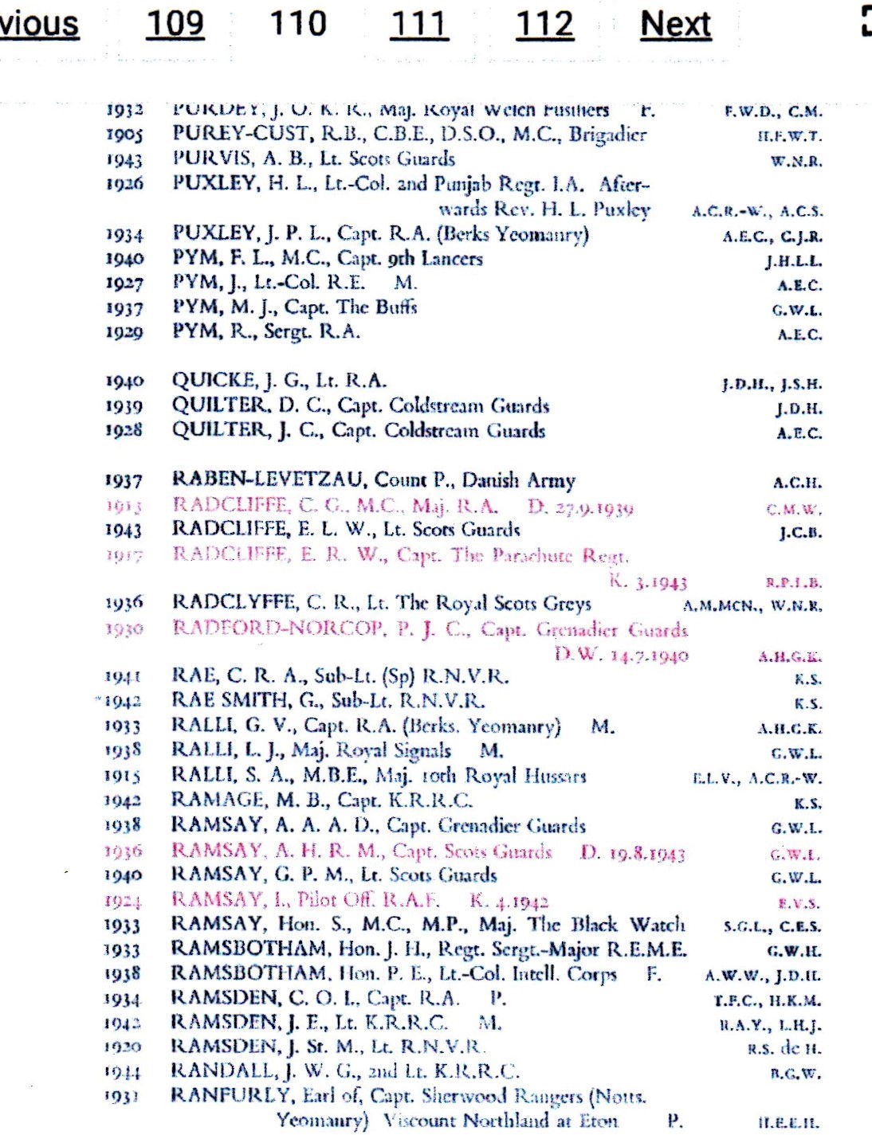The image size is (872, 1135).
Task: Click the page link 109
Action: coord(175,24)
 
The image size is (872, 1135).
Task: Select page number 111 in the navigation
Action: coord(419,24)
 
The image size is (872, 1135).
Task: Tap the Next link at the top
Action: coord(675,24)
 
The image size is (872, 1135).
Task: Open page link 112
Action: coord(544,24)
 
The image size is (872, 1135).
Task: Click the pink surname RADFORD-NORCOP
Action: coord(277,628)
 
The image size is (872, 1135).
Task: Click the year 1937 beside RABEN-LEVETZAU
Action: coord(124,481)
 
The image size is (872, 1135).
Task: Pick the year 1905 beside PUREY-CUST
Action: coord(124,135)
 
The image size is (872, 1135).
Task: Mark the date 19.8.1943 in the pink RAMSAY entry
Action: coord(646,853)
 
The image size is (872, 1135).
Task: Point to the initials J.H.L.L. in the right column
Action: coord(793,261)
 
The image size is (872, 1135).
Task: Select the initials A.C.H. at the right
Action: coord(796,483)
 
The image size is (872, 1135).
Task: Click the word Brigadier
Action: coord(607,134)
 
